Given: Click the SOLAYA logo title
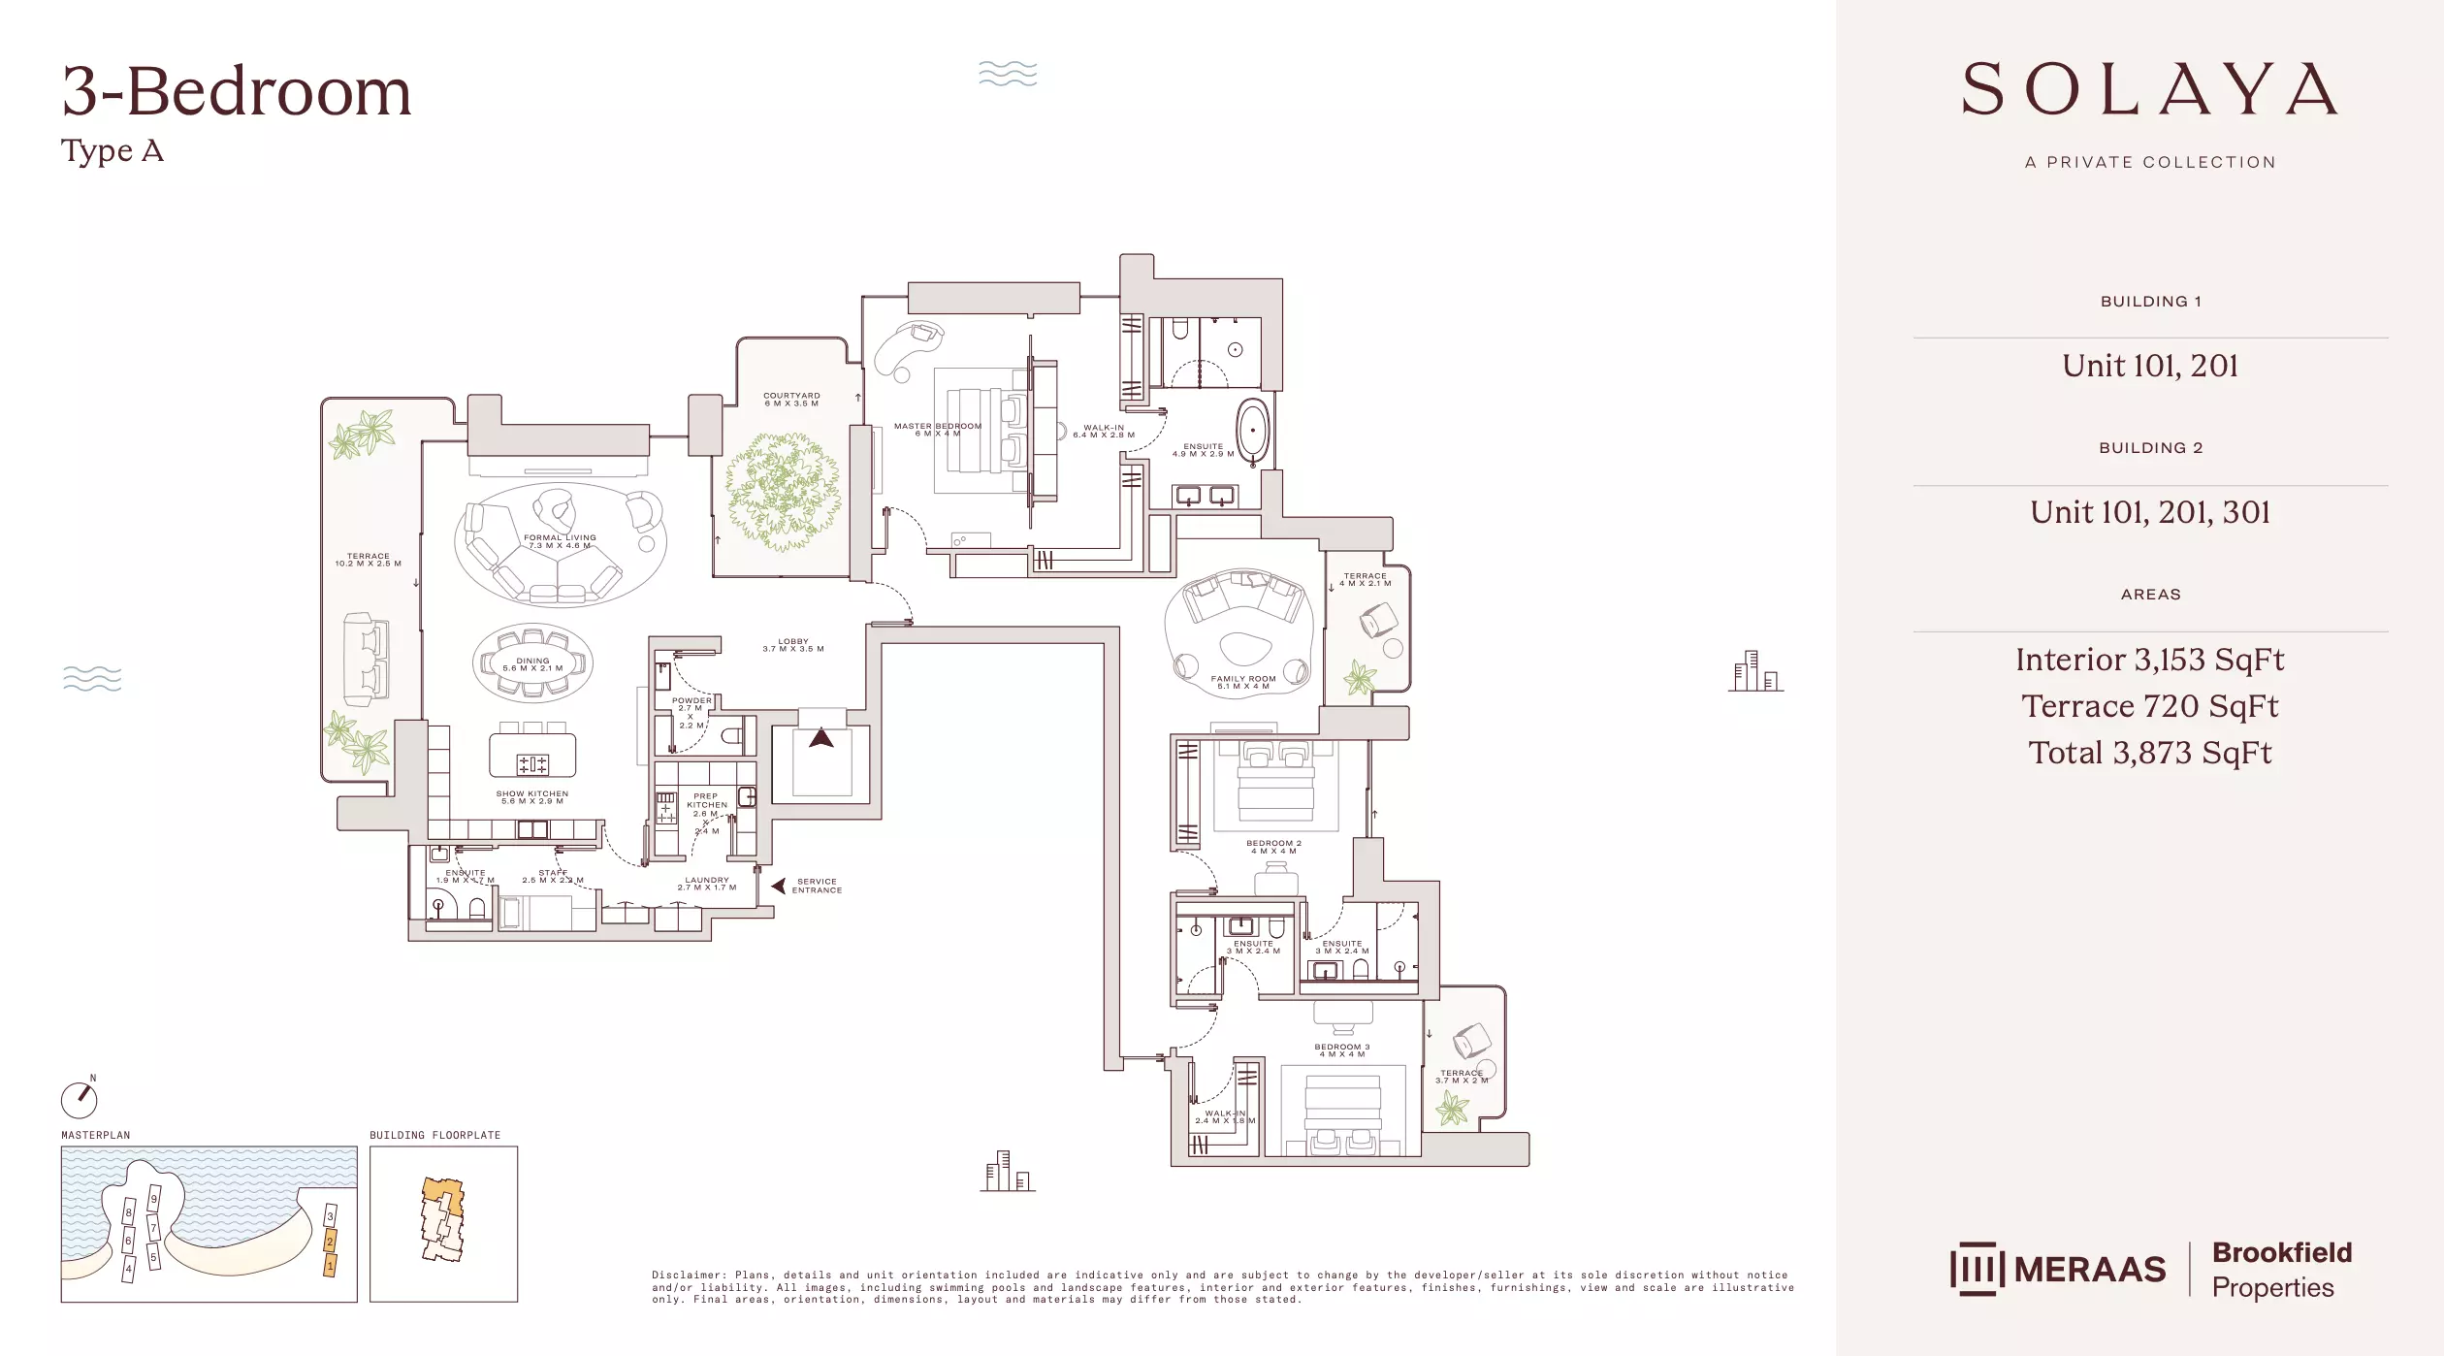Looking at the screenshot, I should pos(2149,89).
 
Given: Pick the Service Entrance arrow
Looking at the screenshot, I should pos(779,886).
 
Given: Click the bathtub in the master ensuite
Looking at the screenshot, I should pos(1252,432).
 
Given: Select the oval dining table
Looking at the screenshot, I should pos(532,663).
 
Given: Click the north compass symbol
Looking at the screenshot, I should pos(80,1099).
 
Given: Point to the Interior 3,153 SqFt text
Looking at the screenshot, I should pos(2149,660).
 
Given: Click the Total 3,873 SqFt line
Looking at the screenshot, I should pos(2149,753).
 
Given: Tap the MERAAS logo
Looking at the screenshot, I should pos(2058,1269).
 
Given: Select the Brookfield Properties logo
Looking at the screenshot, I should pos(2281,1269).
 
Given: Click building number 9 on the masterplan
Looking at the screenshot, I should pos(153,1199).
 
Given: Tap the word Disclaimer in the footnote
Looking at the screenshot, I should pos(688,1275).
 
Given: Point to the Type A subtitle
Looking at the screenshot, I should pos(113,151).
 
